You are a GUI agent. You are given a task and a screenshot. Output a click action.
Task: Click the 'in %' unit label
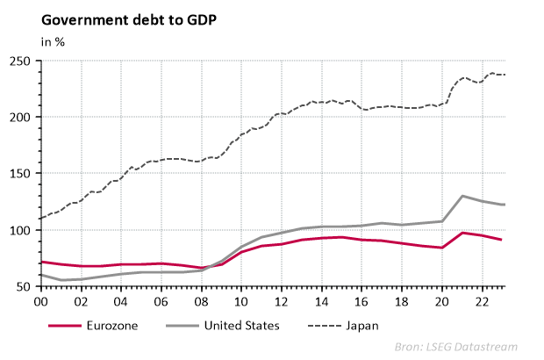pyautogui.click(x=53, y=40)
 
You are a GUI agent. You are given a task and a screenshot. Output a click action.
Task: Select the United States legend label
pyautogui.click(x=240, y=325)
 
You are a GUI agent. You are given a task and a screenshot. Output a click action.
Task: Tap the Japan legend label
pyautogui.click(x=362, y=325)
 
